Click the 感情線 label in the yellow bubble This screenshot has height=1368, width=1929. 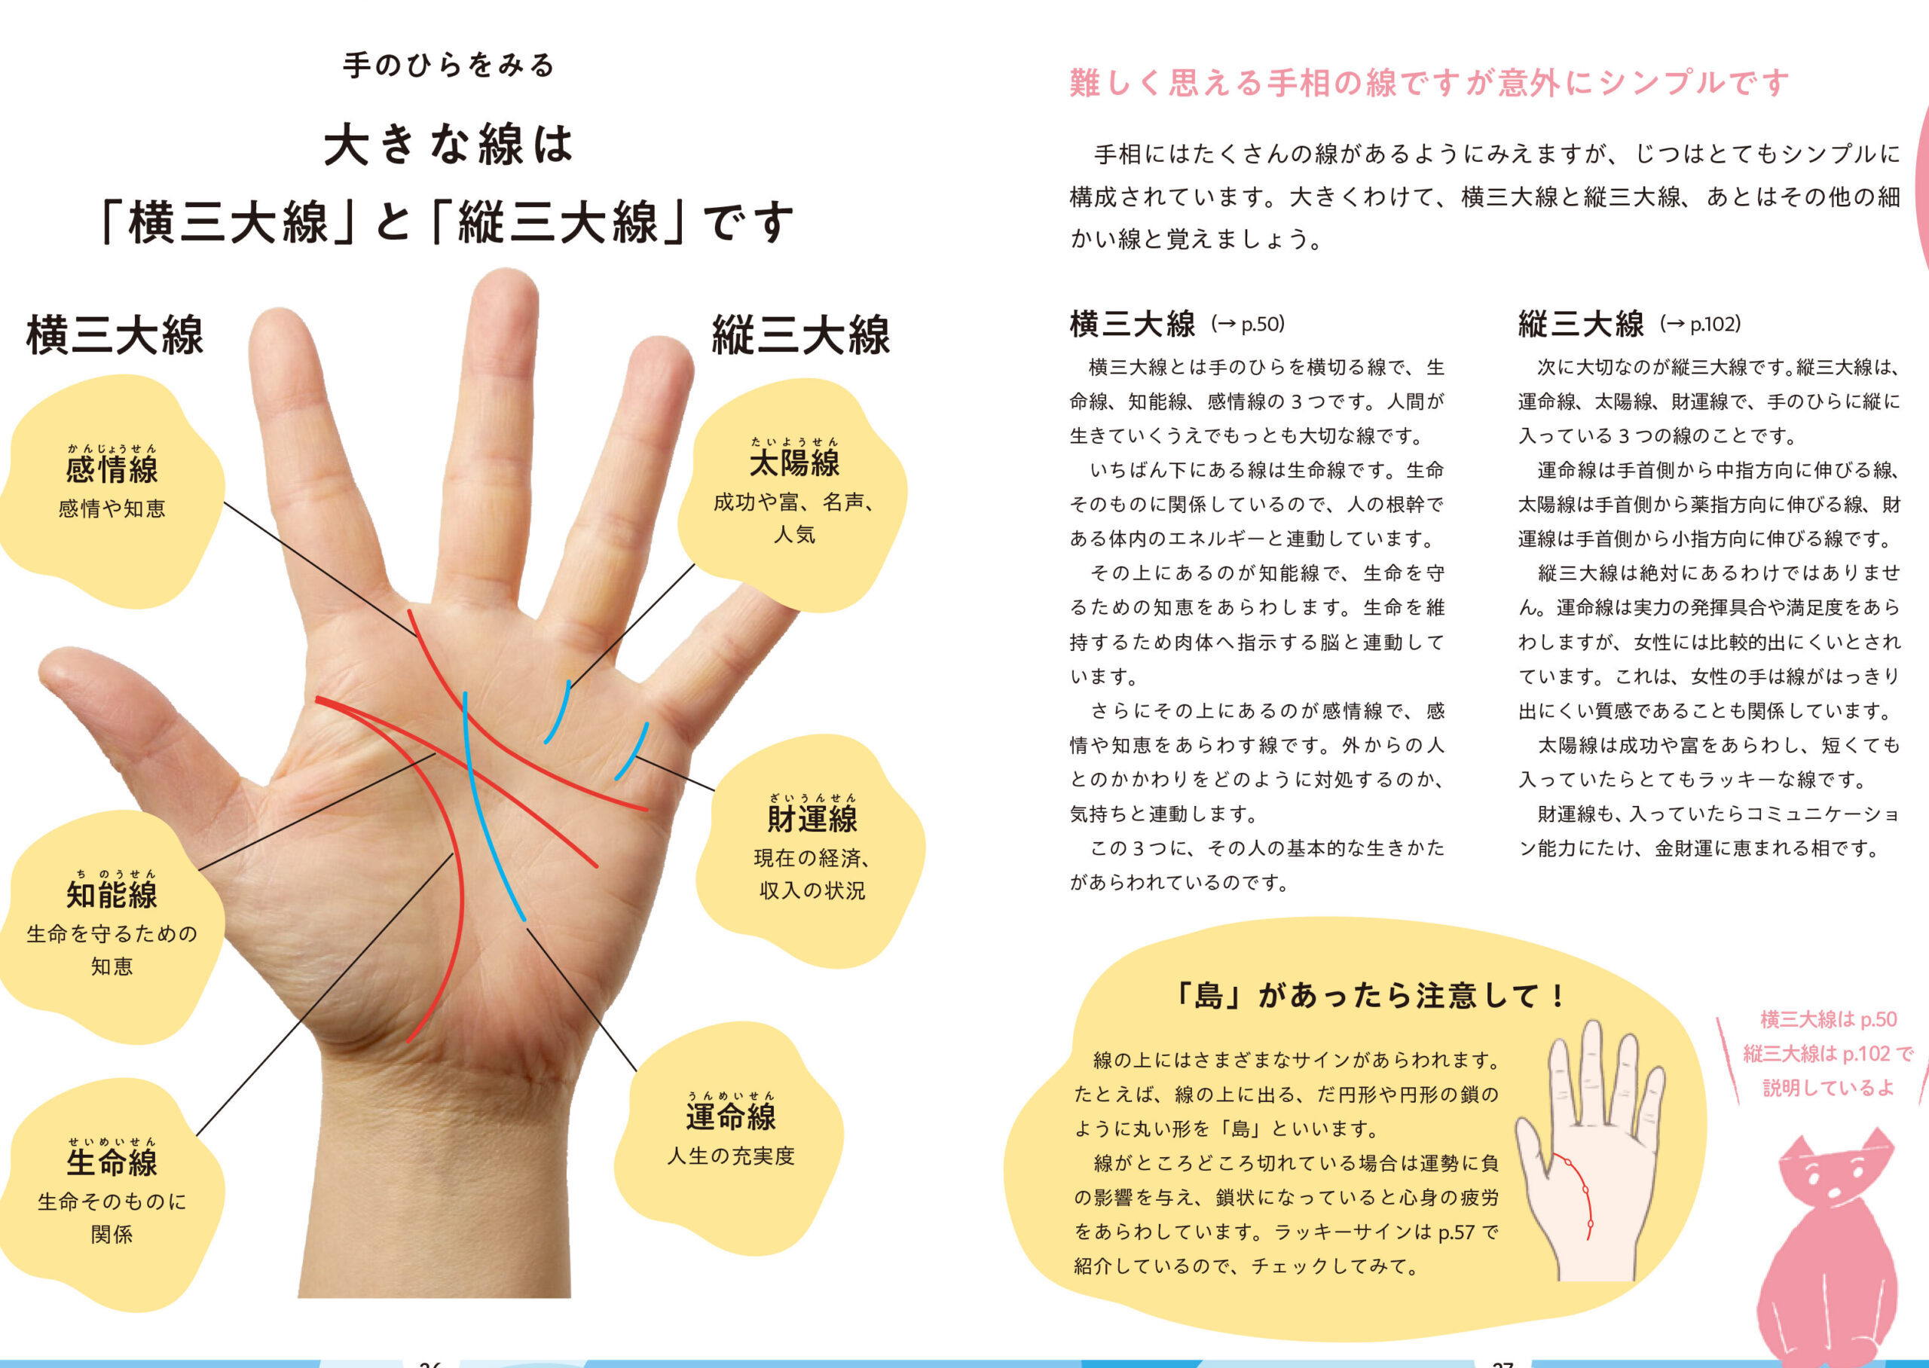(x=112, y=469)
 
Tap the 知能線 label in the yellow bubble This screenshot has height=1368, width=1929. (x=112, y=893)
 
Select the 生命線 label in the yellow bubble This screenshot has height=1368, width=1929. (x=112, y=1162)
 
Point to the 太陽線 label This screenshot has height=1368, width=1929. (x=794, y=462)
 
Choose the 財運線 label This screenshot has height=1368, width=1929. (x=812, y=818)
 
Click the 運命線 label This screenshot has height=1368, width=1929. (x=730, y=1116)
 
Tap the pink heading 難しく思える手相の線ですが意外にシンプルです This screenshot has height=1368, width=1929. (x=1429, y=83)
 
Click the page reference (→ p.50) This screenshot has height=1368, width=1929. (x=1248, y=323)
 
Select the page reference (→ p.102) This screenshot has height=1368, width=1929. (x=1701, y=323)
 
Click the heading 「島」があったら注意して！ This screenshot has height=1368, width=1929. (x=1370, y=996)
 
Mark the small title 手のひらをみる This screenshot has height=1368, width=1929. (x=449, y=65)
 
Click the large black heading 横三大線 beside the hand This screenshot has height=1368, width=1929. (x=115, y=334)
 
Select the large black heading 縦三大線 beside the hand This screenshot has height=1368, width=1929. (x=801, y=334)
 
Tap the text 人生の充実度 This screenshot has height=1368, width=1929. (x=730, y=1156)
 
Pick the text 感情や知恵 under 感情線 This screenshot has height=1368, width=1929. (x=112, y=508)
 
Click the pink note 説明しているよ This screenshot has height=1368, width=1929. (x=1828, y=1088)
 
